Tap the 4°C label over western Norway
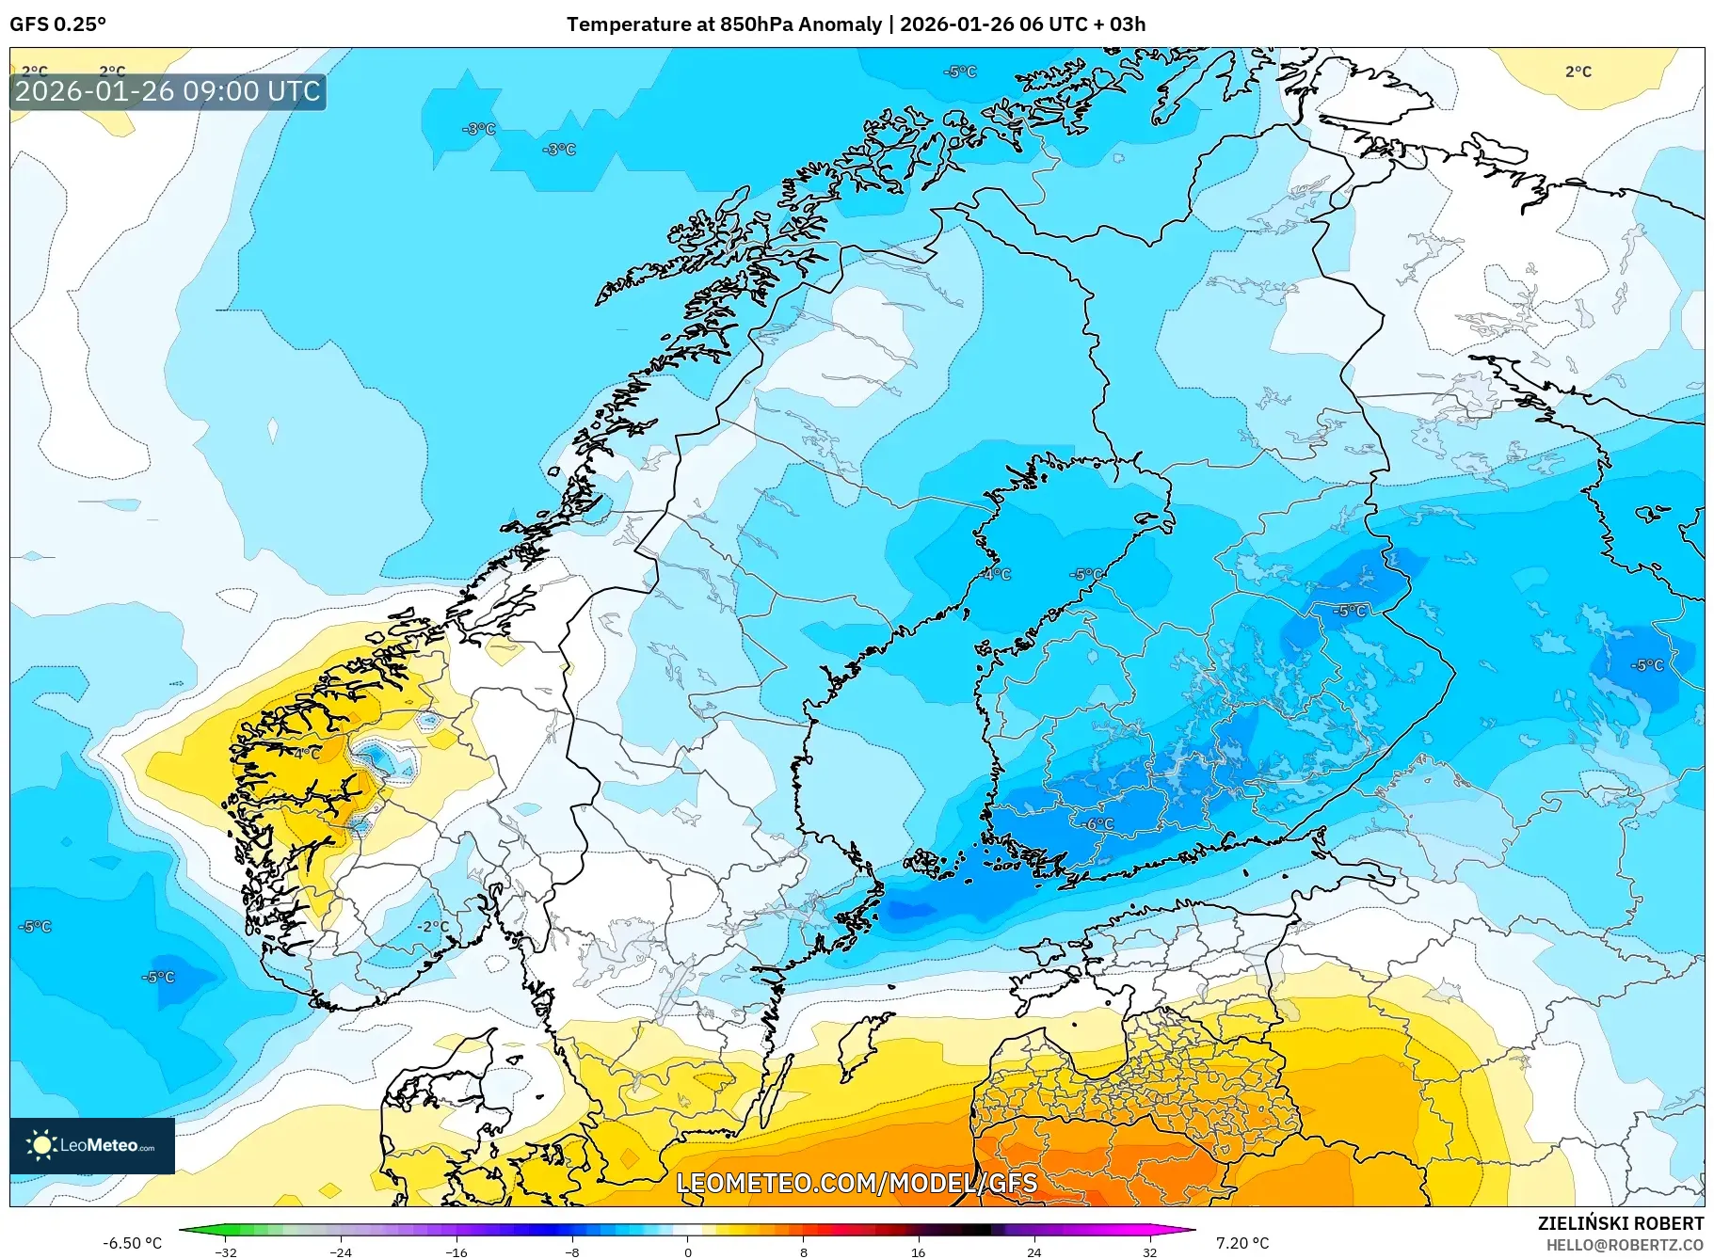click(x=307, y=754)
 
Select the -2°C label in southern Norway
click(x=433, y=926)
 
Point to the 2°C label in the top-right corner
click(x=1578, y=72)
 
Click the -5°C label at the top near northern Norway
click(x=960, y=72)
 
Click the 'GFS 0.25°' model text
click(x=58, y=24)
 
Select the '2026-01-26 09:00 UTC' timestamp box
click(x=168, y=91)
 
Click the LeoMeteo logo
click(x=92, y=1145)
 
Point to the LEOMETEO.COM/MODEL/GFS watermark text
click(x=857, y=1183)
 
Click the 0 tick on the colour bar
click(x=687, y=1251)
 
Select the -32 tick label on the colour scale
click(x=226, y=1251)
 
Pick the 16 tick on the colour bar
click(x=918, y=1251)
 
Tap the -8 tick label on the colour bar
click(x=572, y=1251)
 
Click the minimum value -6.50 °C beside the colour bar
click(x=132, y=1243)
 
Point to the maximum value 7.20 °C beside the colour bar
click(x=1242, y=1243)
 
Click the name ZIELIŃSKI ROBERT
click(x=1621, y=1223)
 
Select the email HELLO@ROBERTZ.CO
click(x=1625, y=1245)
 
